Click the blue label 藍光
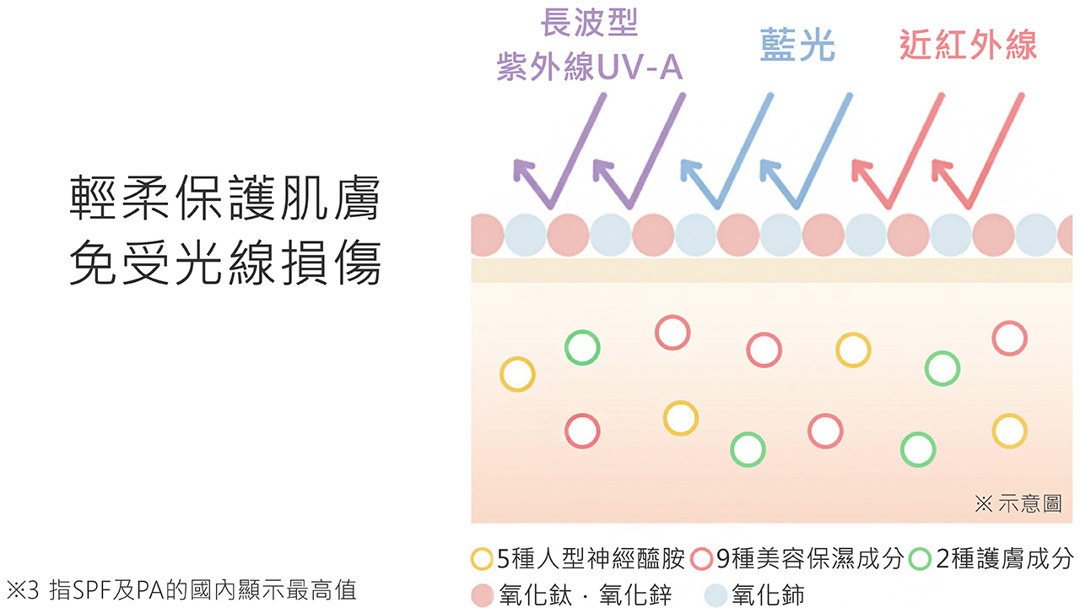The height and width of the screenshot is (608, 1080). (797, 45)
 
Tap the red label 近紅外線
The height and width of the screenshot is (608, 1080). (968, 45)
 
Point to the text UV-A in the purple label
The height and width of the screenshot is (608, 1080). (640, 67)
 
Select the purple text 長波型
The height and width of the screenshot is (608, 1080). (590, 22)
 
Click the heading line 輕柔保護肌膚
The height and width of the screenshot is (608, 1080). (225, 198)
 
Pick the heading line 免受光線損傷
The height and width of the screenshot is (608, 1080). (225, 263)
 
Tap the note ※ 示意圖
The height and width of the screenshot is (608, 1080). (1018, 504)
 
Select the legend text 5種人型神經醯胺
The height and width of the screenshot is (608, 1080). (591, 559)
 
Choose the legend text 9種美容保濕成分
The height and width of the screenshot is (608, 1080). (810, 559)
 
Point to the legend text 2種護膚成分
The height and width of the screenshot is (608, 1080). (1005, 559)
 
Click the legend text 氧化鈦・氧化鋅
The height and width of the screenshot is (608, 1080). (586, 594)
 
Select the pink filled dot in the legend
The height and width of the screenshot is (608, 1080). (482, 595)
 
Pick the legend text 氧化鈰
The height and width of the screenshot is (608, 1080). (768, 594)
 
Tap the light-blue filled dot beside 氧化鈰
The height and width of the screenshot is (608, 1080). (716, 595)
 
